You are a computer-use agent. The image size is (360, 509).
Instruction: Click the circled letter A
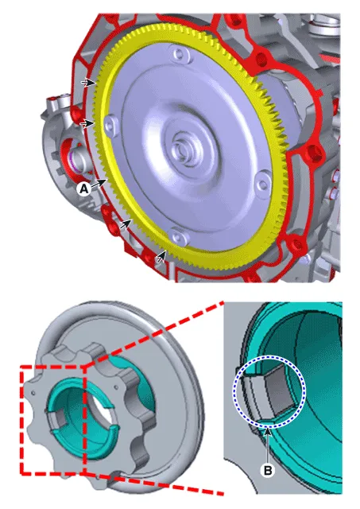pos(84,188)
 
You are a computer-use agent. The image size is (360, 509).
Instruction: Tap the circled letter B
pos(268,470)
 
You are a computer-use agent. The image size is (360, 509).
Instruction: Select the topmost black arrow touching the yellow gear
pos(89,83)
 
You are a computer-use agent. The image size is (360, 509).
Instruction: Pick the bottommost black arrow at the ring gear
pos(161,256)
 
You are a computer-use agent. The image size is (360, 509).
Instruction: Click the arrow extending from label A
pos(99,183)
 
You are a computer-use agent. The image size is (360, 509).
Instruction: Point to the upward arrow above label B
pos(268,445)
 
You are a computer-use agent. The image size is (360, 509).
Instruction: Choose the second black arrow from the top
pos(87,123)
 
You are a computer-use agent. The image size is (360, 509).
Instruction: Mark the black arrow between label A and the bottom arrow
pos(126,224)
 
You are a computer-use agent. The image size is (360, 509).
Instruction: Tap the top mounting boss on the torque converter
pos(179,54)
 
